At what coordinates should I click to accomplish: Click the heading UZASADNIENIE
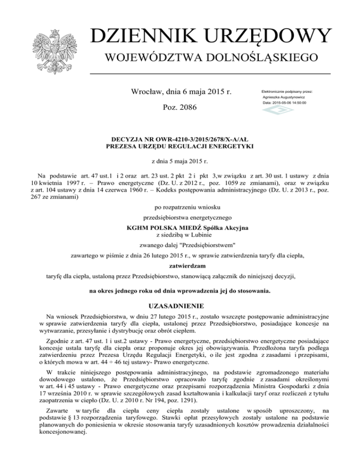(x=180, y=307)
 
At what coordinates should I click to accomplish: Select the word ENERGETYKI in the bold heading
(x=231, y=147)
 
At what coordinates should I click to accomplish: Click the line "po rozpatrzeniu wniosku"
(x=180, y=207)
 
